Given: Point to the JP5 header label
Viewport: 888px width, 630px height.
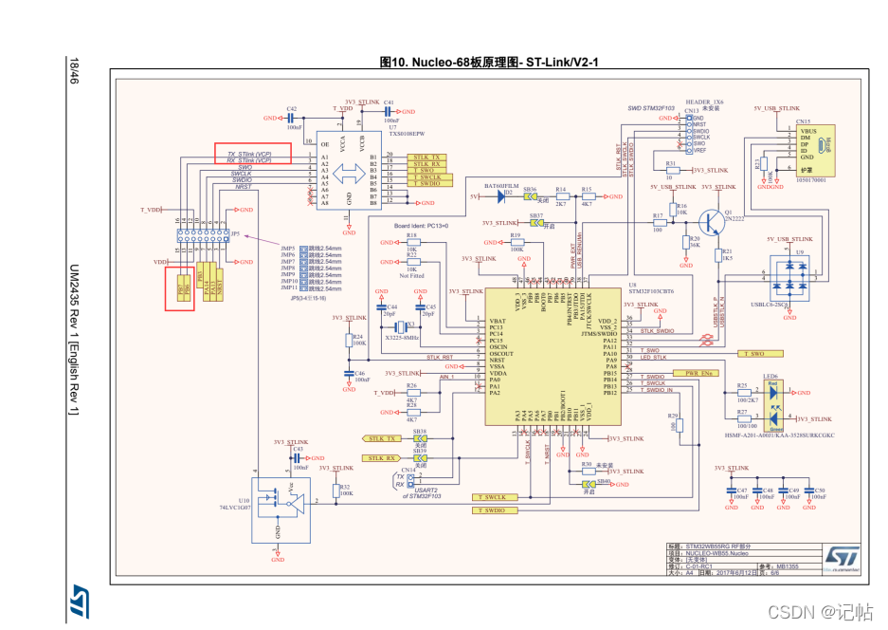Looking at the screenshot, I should [x=236, y=233].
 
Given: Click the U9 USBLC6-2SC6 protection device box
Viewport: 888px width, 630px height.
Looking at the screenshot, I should [x=789, y=278].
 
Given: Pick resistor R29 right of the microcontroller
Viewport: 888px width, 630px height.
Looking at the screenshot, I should [x=676, y=424].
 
